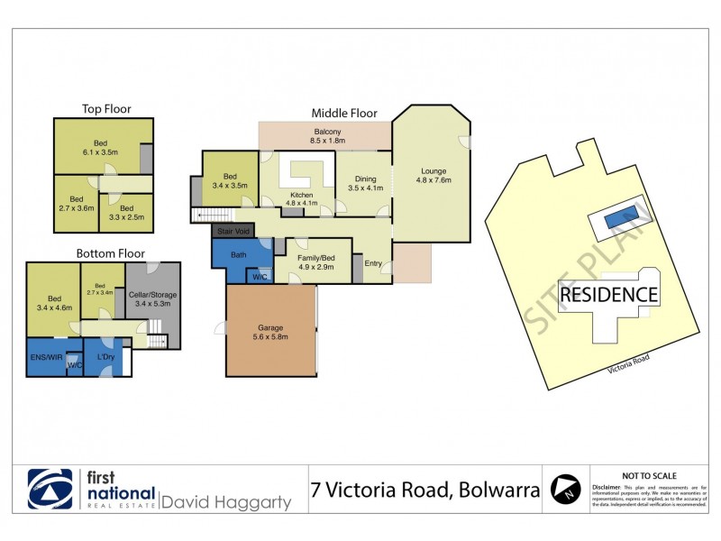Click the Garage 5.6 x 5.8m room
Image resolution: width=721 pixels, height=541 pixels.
click(271, 331)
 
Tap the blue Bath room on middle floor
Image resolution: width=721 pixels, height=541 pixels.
click(238, 255)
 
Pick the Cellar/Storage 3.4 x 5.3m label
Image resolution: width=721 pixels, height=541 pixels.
click(152, 297)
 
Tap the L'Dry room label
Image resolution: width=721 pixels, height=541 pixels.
click(102, 357)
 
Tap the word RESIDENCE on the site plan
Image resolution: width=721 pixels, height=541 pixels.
click(608, 295)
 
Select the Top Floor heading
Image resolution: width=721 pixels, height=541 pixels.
click(106, 109)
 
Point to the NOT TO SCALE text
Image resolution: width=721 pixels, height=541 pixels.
click(650, 476)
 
